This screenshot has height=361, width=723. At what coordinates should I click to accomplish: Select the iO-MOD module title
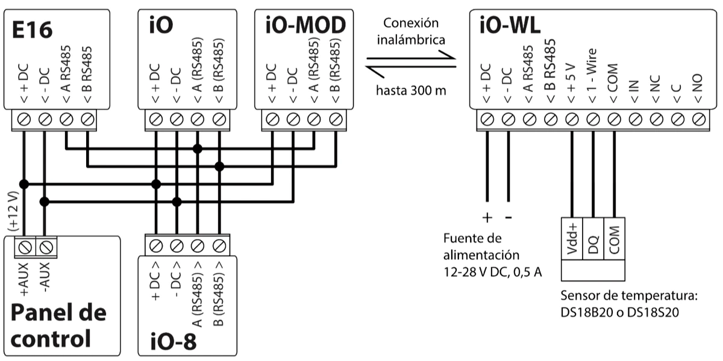[304, 25]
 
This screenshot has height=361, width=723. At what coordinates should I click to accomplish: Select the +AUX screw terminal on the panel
[25, 246]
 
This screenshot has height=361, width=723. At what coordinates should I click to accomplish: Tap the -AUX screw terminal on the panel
[46, 246]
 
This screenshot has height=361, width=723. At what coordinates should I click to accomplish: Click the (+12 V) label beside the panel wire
[13, 209]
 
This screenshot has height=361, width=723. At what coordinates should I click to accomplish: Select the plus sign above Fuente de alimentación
[487, 218]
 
